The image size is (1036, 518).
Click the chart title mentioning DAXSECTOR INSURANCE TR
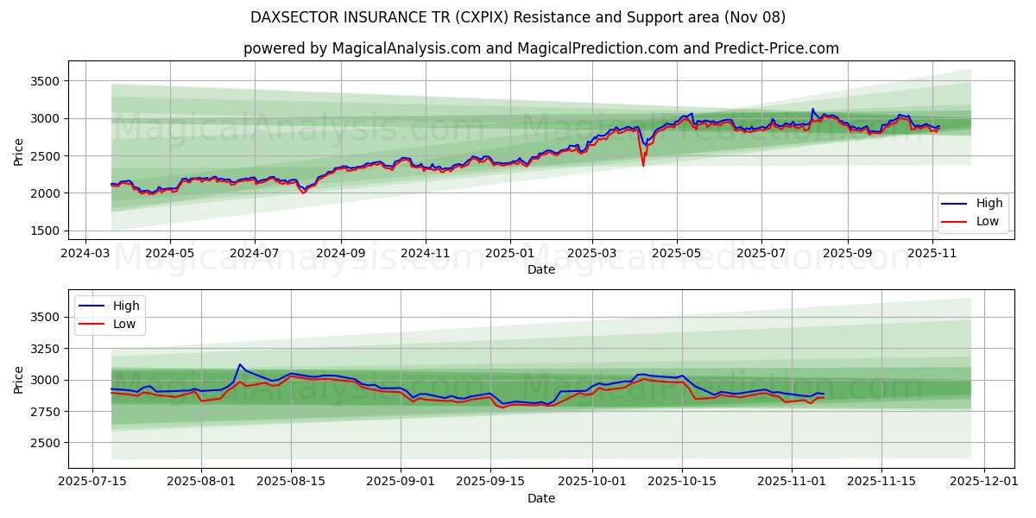(x=517, y=17)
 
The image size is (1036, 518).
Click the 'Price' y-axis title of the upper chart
(x=19, y=152)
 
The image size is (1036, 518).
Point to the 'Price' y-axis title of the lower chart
(x=19, y=380)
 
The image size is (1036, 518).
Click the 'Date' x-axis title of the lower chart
(x=541, y=498)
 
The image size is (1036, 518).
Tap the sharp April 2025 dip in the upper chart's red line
(x=642, y=165)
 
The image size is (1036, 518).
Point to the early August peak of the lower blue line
(x=240, y=364)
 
